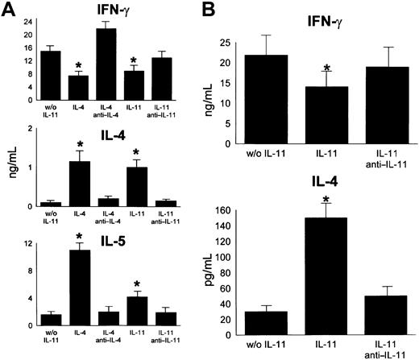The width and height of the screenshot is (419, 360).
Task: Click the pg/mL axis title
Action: point(192,272)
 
